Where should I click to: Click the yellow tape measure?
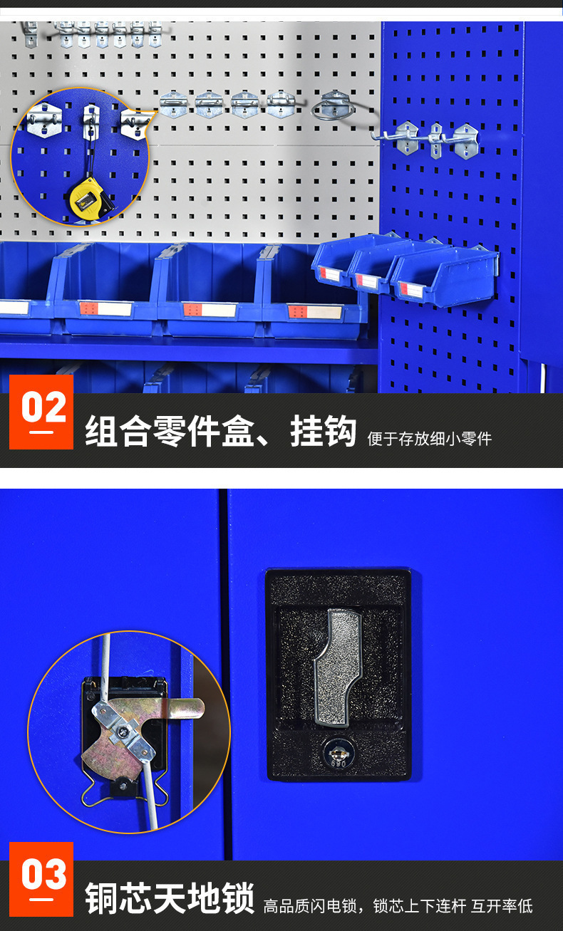(x=88, y=197)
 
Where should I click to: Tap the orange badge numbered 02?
(x=41, y=412)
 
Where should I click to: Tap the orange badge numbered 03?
(x=41, y=880)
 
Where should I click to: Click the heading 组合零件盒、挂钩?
(x=220, y=432)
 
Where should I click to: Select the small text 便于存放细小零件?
(x=429, y=439)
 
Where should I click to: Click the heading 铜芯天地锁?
(x=170, y=898)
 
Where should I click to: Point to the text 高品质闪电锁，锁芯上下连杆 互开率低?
(x=398, y=906)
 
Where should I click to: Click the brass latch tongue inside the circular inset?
(x=187, y=708)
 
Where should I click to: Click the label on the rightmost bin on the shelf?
(x=314, y=311)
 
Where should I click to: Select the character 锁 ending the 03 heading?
(x=237, y=898)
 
